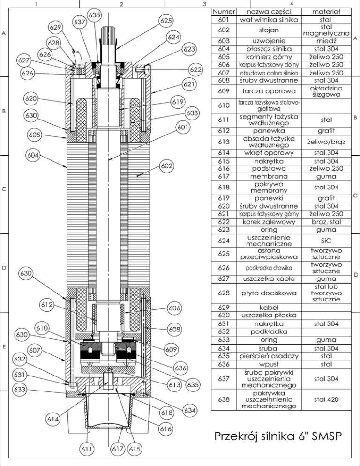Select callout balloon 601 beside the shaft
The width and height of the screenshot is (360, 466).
click(x=183, y=127)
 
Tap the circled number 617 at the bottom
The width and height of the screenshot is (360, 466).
click(x=118, y=449)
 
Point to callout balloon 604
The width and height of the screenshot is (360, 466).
click(x=33, y=155)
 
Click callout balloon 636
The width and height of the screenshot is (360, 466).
click(x=180, y=368)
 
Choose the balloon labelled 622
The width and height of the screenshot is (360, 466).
click(x=195, y=69)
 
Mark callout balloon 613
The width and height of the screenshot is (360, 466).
click(x=174, y=385)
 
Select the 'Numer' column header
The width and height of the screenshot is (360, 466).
click(x=224, y=12)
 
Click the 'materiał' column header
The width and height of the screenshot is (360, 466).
click(x=326, y=12)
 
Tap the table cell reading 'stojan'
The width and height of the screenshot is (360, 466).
click(x=269, y=30)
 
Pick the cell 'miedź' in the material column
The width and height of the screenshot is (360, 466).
click(x=326, y=41)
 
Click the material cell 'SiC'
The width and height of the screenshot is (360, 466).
click(x=326, y=241)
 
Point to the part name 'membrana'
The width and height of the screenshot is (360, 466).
click(x=269, y=177)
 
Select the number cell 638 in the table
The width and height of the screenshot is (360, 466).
click(x=224, y=399)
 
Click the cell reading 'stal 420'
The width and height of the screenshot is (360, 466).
click(x=326, y=399)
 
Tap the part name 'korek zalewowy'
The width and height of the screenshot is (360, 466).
click(x=269, y=222)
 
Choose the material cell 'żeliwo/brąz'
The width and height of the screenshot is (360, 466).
click(x=326, y=142)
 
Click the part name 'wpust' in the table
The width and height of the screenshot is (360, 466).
click(x=269, y=364)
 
